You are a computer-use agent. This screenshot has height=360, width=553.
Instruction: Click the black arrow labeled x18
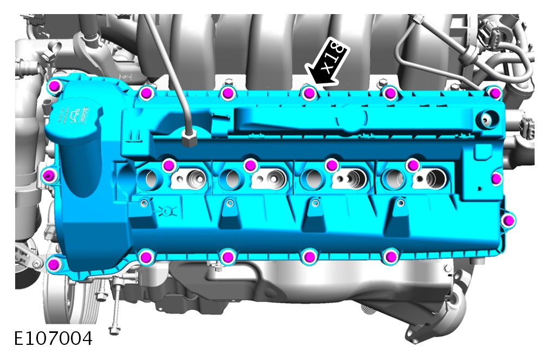[326, 63]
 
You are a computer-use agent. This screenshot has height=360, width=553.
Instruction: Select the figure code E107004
[53, 338]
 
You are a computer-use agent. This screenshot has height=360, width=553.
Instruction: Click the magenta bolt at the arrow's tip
[309, 93]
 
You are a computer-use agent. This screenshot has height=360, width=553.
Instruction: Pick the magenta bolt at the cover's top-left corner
[54, 86]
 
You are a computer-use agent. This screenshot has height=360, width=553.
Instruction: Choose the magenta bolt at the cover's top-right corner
[496, 93]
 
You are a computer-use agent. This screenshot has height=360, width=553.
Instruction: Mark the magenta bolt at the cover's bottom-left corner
[53, 264]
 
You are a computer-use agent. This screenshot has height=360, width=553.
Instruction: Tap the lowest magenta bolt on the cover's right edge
[508, 221]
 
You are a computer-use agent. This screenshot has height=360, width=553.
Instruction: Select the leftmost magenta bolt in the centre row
[169, 165]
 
